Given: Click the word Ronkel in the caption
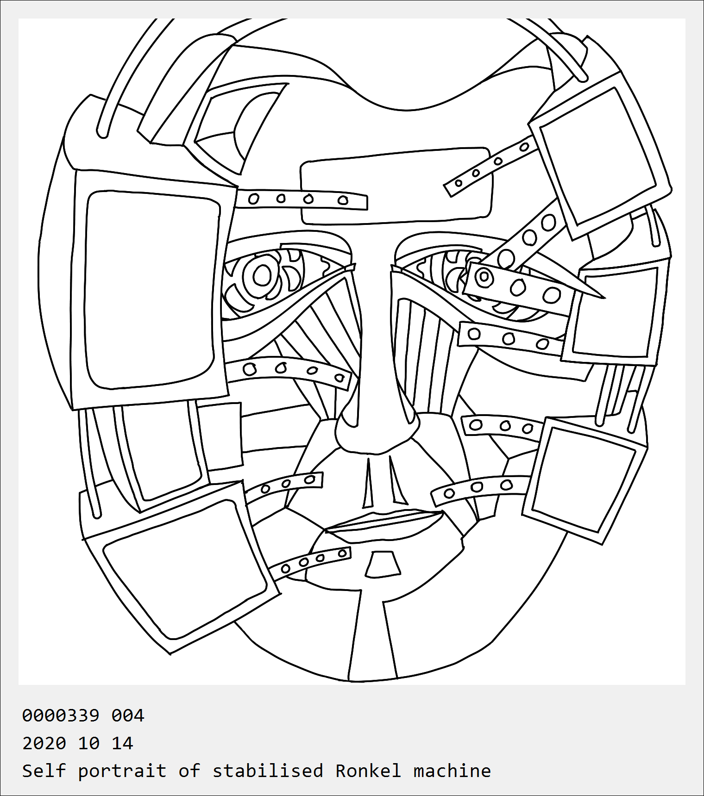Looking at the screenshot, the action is coord(368,771).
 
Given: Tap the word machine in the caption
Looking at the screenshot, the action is coord(452,771).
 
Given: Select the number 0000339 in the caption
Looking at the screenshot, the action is coord(61,715).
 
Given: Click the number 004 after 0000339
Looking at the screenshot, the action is coord(128,715).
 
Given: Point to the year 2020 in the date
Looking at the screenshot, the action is coord(44,743).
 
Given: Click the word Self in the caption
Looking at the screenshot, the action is coord(44,771).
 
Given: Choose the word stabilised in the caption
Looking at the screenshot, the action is coord(268,771).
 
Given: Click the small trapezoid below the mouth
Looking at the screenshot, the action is coord(383,564).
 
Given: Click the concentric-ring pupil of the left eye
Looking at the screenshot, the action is coord(262,276).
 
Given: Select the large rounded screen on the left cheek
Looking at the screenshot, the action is coord(149,289).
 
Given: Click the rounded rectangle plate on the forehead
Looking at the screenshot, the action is coord(396,186).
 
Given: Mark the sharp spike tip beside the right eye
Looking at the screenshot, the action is coord(604,298).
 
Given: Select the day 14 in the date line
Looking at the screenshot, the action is coord(122,743).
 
